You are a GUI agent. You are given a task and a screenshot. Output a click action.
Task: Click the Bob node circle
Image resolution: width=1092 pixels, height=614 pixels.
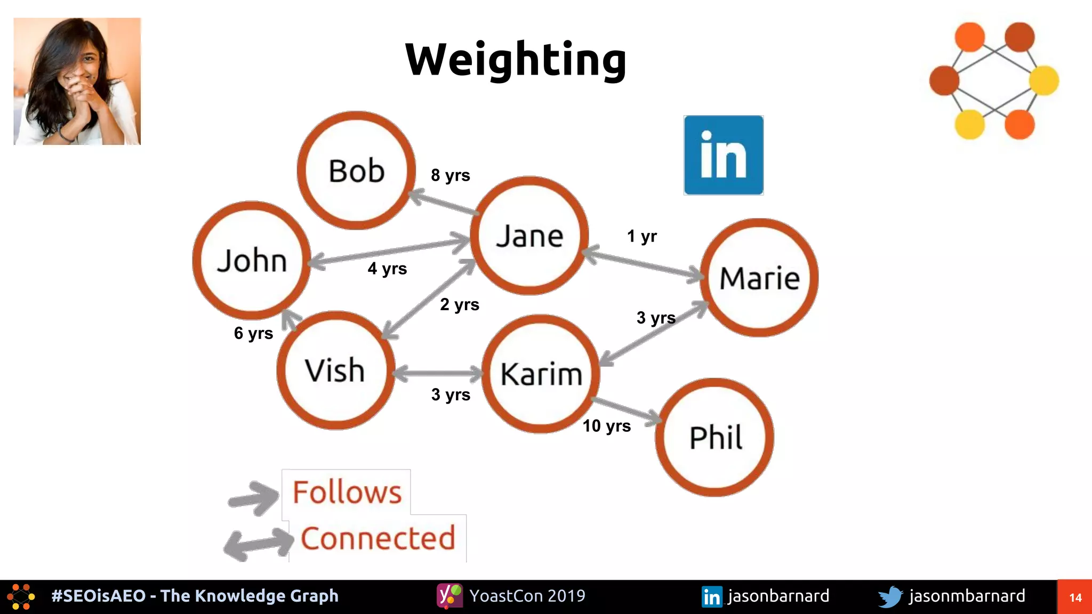click(356, 171)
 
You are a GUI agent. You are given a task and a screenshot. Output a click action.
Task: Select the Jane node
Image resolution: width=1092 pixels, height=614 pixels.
click(529, 236)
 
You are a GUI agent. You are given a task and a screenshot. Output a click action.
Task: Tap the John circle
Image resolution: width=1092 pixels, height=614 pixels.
click(252, 261)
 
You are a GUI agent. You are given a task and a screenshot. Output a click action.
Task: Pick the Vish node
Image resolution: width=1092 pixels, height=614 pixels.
click(335, 370)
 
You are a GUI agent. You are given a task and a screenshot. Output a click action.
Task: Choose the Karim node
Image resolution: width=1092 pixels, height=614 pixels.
click(541, 374)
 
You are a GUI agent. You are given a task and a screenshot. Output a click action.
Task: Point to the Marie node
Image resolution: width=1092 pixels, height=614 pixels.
click(759, 278)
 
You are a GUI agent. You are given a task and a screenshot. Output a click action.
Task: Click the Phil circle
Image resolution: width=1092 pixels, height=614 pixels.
click(714, 438)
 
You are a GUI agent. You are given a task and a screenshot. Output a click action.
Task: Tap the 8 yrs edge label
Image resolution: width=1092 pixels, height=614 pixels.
click(451, 175)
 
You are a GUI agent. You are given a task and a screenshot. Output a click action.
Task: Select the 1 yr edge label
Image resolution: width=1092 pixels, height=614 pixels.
click(641, 236)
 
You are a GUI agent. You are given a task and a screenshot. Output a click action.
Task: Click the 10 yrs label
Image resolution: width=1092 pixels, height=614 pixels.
click(606, 426)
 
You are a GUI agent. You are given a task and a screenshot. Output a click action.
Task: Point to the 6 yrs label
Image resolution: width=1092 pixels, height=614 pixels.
click(253, 333)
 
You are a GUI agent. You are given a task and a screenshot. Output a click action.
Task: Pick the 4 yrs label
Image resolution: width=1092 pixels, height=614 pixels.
click(387, 268)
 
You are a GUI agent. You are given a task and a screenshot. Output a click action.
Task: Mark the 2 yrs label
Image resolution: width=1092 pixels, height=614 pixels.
click(460, 304)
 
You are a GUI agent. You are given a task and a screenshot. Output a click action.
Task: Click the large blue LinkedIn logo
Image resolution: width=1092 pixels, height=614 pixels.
click(724, 155)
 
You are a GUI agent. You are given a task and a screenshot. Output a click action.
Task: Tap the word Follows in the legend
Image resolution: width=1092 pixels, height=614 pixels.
click(347, 492)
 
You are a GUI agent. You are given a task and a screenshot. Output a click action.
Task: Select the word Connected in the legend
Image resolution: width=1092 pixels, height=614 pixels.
click(378, 538)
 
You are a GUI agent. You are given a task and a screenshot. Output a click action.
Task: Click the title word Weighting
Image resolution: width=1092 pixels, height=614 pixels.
click(516, 60)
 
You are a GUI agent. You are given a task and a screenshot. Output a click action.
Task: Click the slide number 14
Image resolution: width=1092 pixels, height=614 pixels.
click(1075, 597)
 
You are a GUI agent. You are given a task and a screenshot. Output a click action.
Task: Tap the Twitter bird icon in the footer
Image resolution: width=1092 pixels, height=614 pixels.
click(890, 596)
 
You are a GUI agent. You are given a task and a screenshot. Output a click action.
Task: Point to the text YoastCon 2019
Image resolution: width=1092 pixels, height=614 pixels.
click(527, 596)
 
